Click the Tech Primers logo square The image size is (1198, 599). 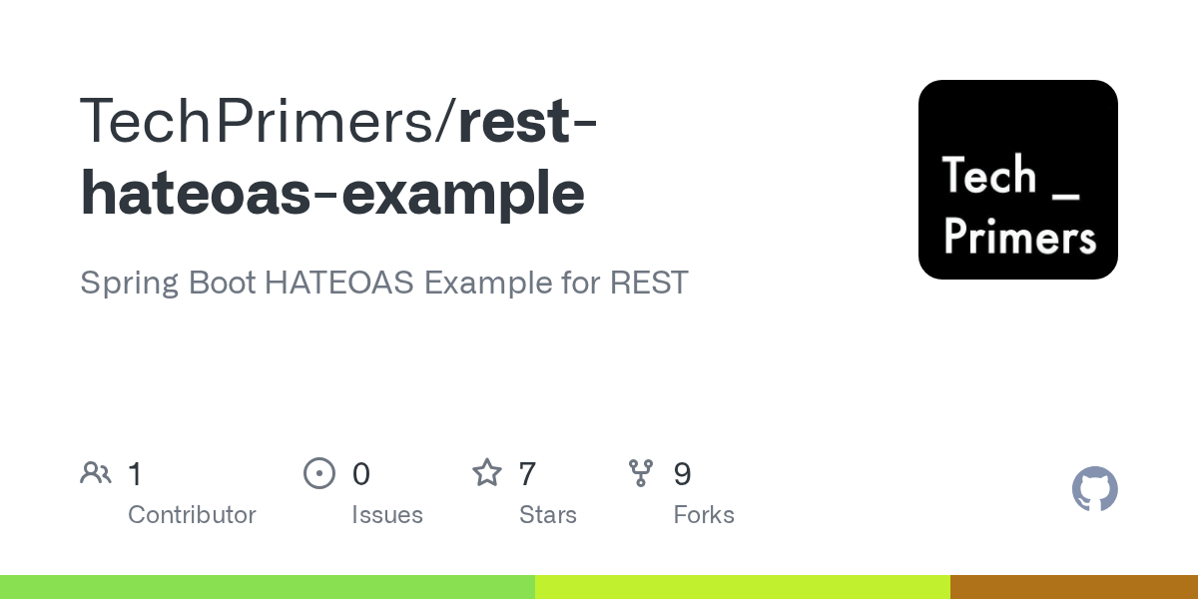[x=1017, y=180]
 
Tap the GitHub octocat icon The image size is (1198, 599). [x=1094, y=489]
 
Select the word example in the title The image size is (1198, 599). [x=463, y=193]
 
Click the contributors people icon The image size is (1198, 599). [x=96, y=473]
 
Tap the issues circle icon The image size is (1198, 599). [x=319, y=473]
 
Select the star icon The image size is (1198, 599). [x=487, y=473]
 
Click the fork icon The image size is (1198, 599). [x=641, y=473]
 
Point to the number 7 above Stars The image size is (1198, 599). [x=527, y=474]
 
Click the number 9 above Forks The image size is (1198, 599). [x=682, y=474]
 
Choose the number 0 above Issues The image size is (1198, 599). [x=360, y=474]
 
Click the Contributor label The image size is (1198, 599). [x=192, y=515]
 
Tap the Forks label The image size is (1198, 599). [x=704, y=515]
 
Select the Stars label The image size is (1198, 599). [x=548, y=515]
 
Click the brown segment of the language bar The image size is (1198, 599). [x=1073, y=587]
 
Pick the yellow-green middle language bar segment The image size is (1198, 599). [x=742, y=587]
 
